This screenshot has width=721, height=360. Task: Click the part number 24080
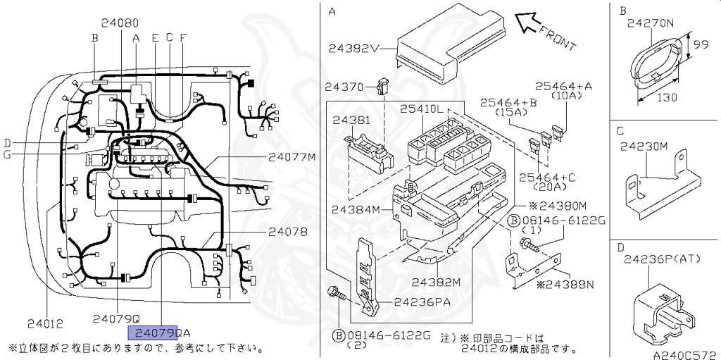119,23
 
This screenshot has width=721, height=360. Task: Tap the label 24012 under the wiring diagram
46,324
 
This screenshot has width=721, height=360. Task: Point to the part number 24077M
291,157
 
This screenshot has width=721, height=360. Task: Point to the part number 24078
287,231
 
